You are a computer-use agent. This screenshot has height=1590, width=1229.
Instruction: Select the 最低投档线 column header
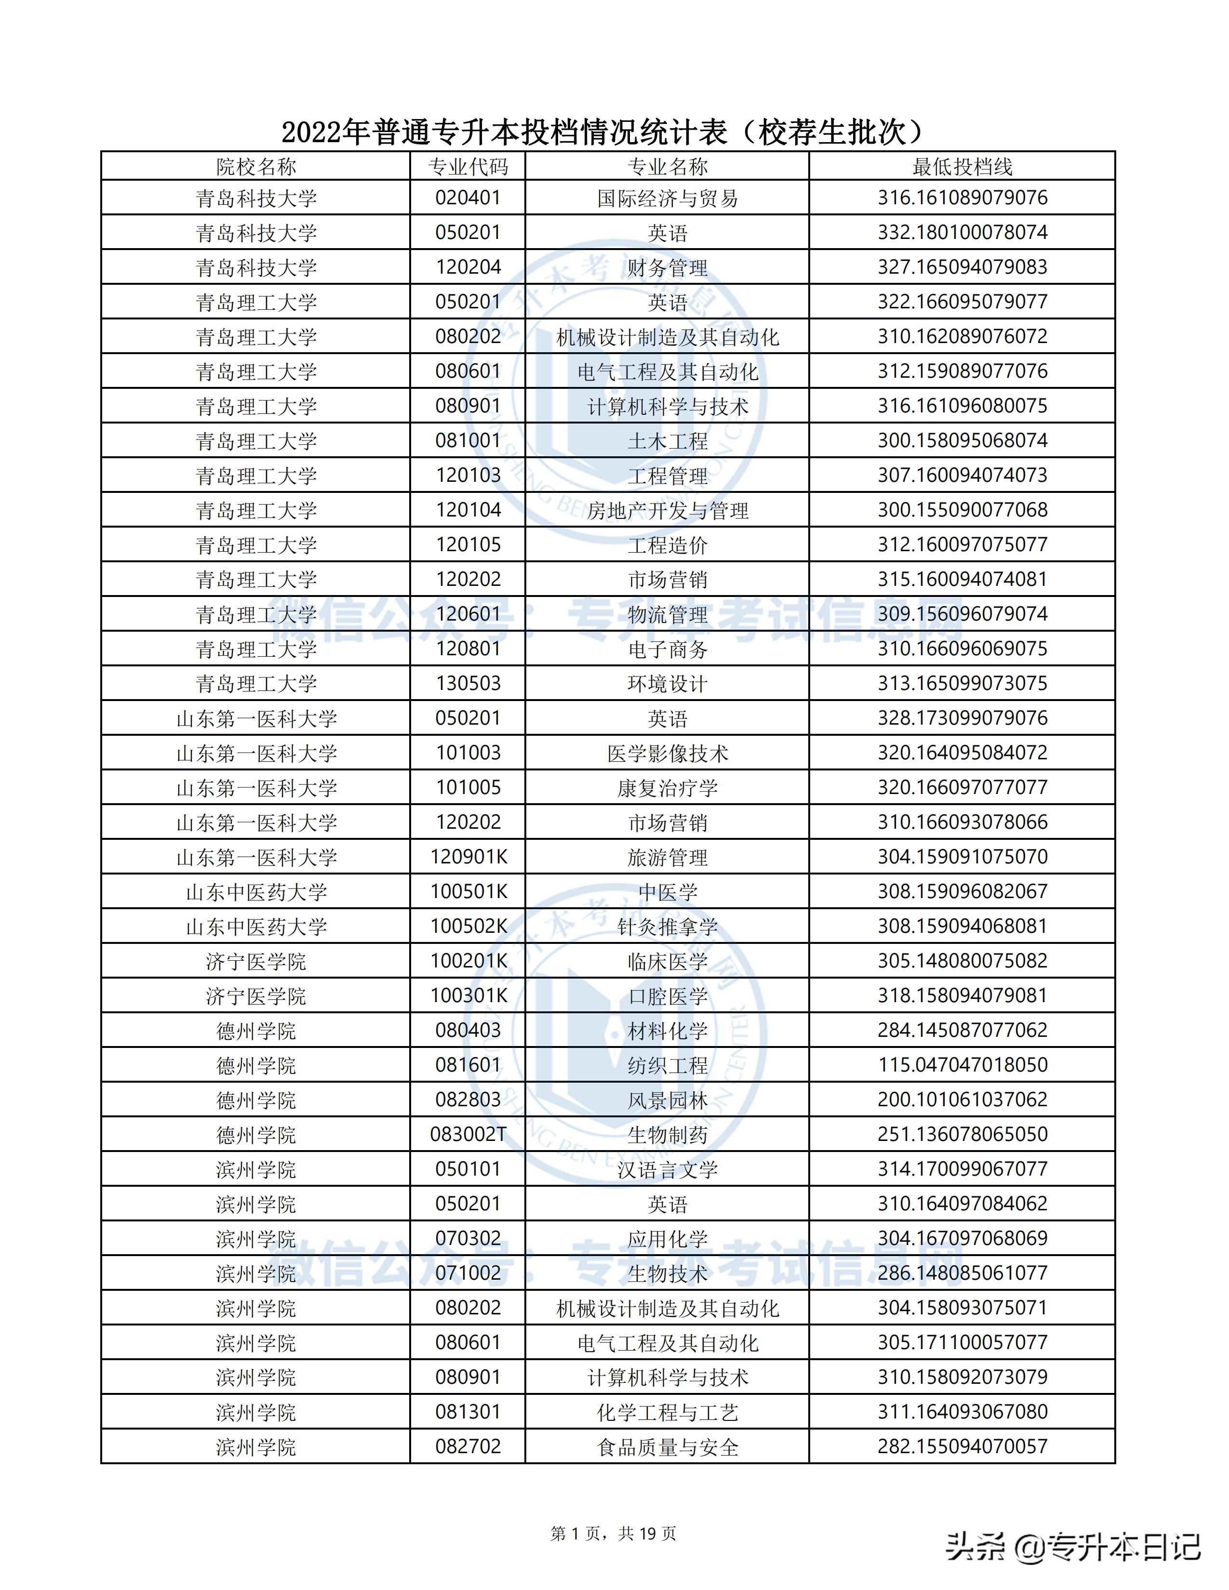click(x=962, y=167)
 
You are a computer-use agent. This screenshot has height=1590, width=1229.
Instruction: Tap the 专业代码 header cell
click(x=468, y=167)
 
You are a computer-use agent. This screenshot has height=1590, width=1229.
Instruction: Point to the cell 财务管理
click(x=667, y=267)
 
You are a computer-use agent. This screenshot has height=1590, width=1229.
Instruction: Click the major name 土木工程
click(x=667, y=440)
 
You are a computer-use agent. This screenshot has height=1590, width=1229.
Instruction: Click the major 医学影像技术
click(x=667, y=753)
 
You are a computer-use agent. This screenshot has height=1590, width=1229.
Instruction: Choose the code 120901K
click(x=468, y=857)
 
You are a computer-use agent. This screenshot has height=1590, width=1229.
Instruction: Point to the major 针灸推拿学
click(x=667, y=926)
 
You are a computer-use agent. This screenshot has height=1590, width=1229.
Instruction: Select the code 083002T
click(x=468, y=1134)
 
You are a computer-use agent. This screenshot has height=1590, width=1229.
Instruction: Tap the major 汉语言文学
click(x=667, y=1169)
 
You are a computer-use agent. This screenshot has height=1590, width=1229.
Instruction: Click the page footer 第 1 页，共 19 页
click(x=614, y=1528)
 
